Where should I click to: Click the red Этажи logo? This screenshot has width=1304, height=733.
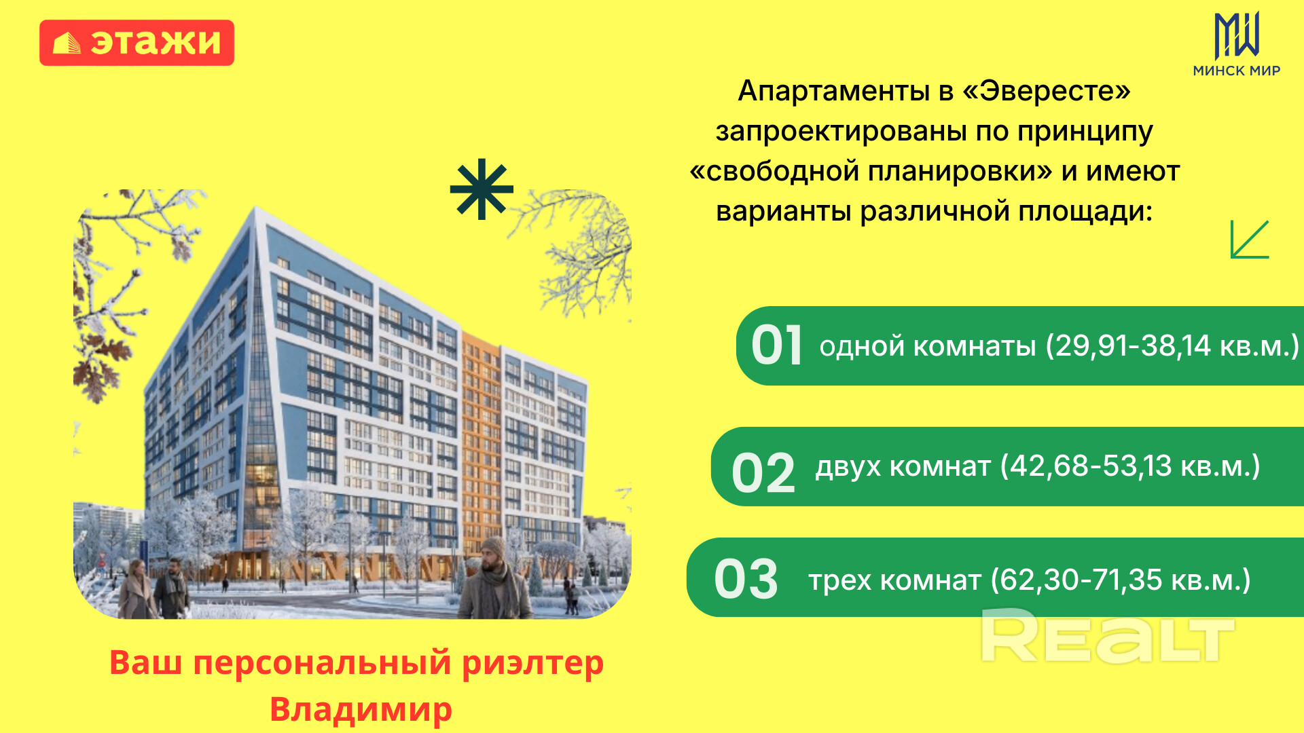pyautogui.click(x=137, y=43)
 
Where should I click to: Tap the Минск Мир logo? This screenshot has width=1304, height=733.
pyautogui.click(x=1236, y=45)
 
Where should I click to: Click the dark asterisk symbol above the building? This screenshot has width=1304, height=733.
pyautogui.click(x=482, y=189)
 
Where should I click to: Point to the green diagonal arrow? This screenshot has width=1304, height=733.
pyautogui.click(x=1250, y=239)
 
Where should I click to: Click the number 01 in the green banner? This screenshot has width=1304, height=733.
pyautogui.click(x=777, y=345)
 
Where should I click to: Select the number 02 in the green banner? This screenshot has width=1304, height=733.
pyautogui.click(x=763, y=472)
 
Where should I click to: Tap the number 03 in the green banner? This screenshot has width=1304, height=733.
pyautogui.click(x=746, y=579)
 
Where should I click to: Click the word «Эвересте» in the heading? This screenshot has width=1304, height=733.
pyautogui.click(x=1047, y=90)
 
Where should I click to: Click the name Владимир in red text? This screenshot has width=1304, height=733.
pyautogui.click(x=361, y=710)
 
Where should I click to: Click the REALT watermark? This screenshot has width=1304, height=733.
pyautogui.click(x=1108, y=636)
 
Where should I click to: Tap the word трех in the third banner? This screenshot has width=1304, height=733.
pyautogui.click(x=839, y=581)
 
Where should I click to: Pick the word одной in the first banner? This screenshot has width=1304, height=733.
pyautogui.click(x=862, y=347)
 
